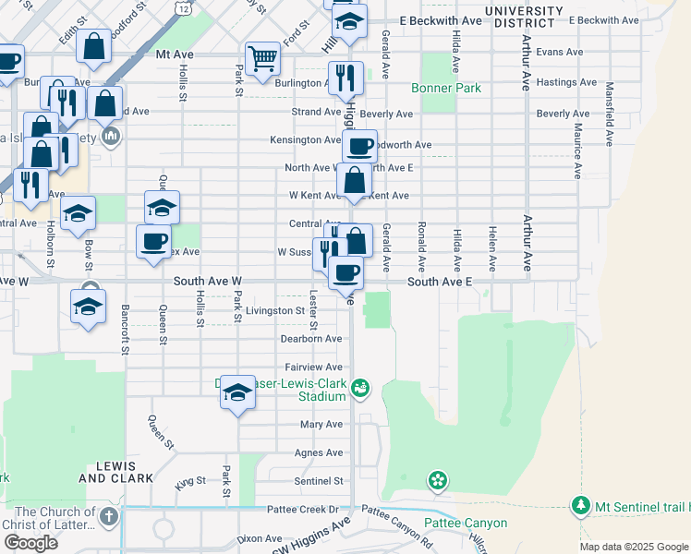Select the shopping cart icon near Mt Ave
[263, 59]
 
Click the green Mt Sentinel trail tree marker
[580, 506]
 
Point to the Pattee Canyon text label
[466, 523]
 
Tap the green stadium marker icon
[361, 391]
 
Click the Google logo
[30, 543]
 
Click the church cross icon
[109, 515]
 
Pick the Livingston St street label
[274, 311]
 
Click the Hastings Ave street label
[569, 82]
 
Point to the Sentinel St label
[319, 481]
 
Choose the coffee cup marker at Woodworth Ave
[359, 145]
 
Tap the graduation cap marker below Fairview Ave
[237, 393]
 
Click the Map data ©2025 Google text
[633, 547]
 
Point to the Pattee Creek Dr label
[301, 509]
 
